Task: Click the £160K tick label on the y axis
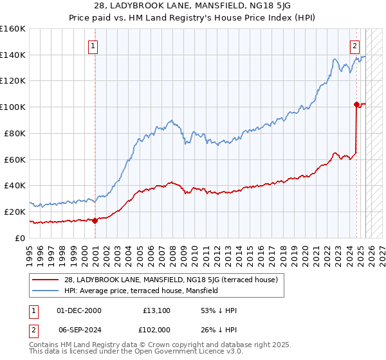click(x=13, y=29)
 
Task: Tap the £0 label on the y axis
click(x=20, y=237)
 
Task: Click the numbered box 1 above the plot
click(x=94, y=46)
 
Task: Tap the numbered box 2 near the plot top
click(x=354, y=46)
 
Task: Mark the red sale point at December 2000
click(x=95, y=221)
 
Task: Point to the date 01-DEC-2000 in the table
click(x=79, y=310)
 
